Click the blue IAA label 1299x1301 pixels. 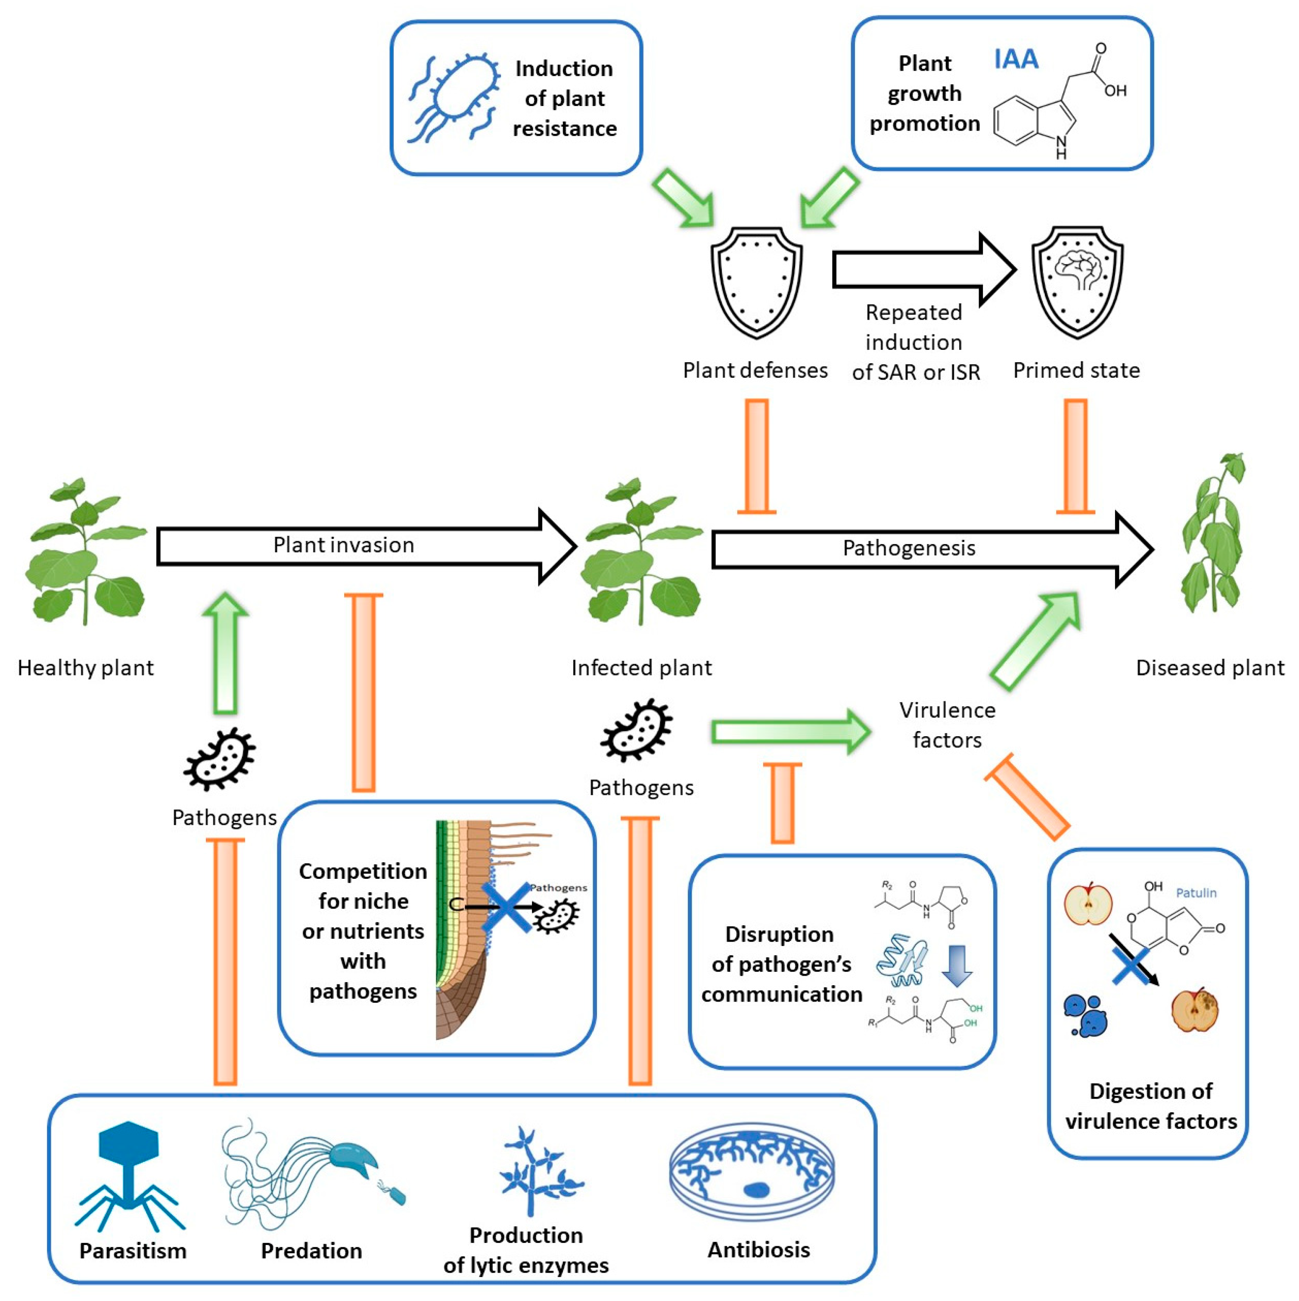point(1016,60)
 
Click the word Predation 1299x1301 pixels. point(311,1251)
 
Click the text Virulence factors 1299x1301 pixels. point(946,725)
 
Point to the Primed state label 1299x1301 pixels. point(1075,370)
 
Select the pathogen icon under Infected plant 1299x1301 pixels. point(636,731)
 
